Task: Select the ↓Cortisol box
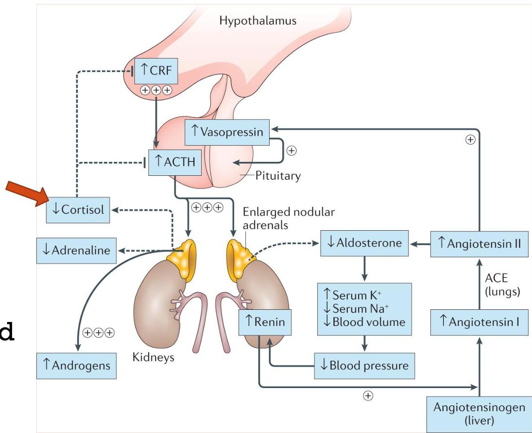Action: (x=78, y=210)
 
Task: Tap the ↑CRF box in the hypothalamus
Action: (x=156, y=71)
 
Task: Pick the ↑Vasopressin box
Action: (x=227, y=131)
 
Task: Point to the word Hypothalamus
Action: (x=257, y=21)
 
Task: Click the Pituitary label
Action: (x=278, y=175)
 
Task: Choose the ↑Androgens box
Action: (x=77, y=365)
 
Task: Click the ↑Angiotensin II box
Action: (x=479, y=244)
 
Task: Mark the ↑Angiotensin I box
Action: (x=479, y=322)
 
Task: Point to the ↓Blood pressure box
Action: (x=364, y=365)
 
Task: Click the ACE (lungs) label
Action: (x=502, y=285)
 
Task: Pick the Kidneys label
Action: (x=153, y=358)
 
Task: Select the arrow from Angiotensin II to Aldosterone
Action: (x=419, y=244)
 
